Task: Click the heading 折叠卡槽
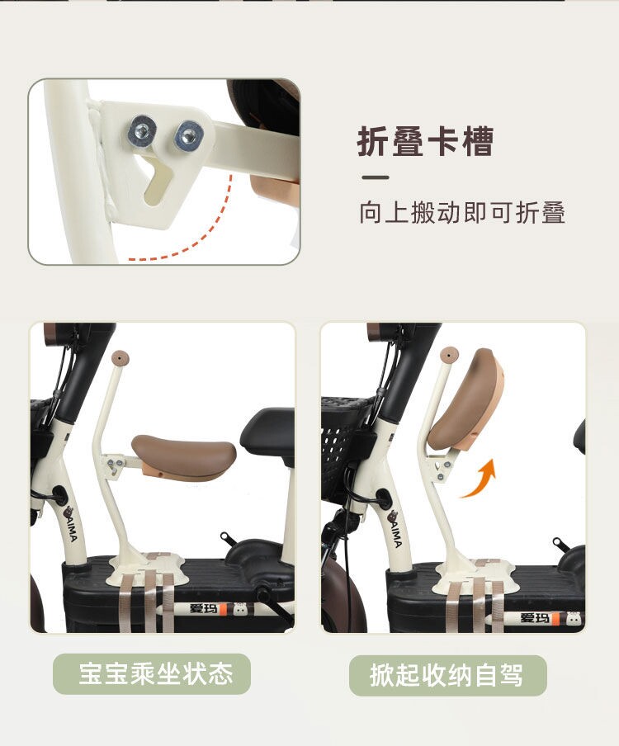point(425,141)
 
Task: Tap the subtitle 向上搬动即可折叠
point(462,212)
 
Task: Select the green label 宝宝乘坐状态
point(152,673)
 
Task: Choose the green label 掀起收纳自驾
point(447,675)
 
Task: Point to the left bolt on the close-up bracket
point(142,130)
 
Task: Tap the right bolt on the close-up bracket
point(188,135)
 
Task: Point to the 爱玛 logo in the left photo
point(203,608)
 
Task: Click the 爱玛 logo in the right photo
point(534,617)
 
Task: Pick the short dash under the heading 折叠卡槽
point(376,177)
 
